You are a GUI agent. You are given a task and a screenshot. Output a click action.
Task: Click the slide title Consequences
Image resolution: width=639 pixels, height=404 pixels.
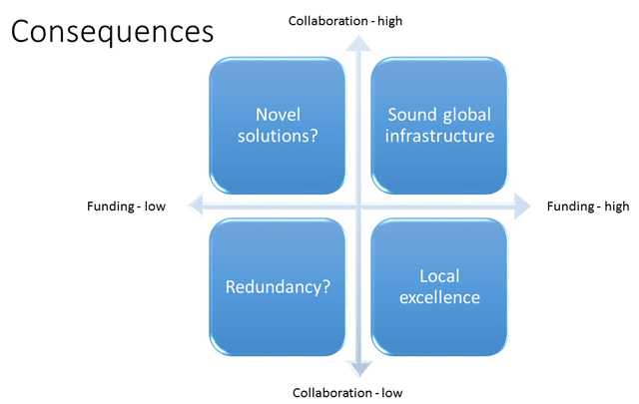[112, 32]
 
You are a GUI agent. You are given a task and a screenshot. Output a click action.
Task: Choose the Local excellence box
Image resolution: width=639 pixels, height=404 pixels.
[440, 287]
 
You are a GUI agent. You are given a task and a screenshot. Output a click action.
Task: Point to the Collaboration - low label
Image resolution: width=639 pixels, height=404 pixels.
[347, 392]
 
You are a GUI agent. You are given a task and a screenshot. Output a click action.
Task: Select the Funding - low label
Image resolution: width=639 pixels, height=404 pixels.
[126, 206]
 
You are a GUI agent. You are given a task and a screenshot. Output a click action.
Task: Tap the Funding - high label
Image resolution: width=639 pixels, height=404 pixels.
[589, 206]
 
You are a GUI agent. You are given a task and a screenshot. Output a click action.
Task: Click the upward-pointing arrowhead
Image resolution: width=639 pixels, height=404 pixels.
[357, 40]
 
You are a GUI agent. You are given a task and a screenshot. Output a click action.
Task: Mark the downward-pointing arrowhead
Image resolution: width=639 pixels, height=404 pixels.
[357, 370]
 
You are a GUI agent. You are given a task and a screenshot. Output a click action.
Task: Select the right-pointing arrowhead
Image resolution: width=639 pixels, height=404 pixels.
[523, 206]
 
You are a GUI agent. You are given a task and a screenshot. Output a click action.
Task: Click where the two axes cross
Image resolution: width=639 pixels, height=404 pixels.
[357, 206]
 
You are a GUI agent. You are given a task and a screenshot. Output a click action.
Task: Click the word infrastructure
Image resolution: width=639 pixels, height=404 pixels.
[440, 135]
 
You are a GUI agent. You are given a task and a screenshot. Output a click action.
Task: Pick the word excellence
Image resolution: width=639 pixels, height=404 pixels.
[440, 297]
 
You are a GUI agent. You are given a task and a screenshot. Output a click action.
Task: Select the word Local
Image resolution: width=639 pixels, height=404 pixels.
[440, 276]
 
